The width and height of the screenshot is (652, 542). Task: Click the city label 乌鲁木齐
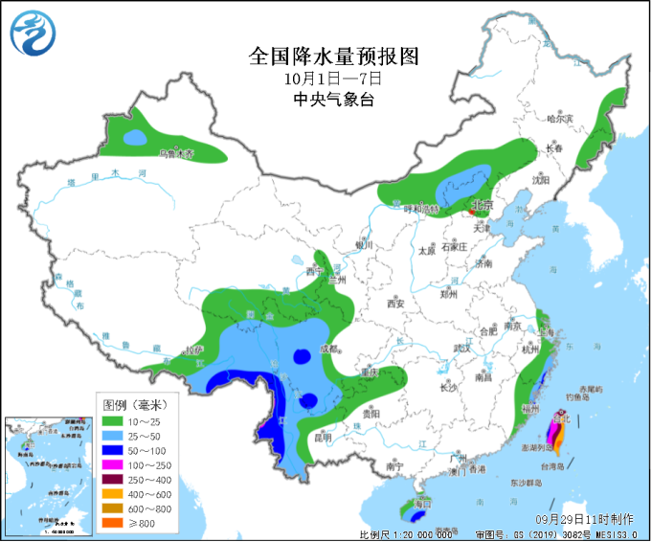(175, 153)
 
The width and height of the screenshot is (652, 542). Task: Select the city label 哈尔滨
(558, 120)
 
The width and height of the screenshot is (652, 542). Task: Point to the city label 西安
(395, 304)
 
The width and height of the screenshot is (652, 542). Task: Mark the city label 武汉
(463, 347)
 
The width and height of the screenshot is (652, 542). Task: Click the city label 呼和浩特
(419, 208)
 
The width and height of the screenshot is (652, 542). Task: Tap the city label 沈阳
(542, 179)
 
